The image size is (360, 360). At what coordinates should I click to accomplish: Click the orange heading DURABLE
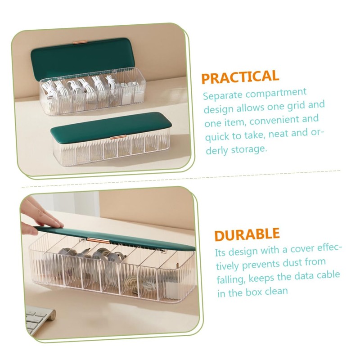pos(247,234)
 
